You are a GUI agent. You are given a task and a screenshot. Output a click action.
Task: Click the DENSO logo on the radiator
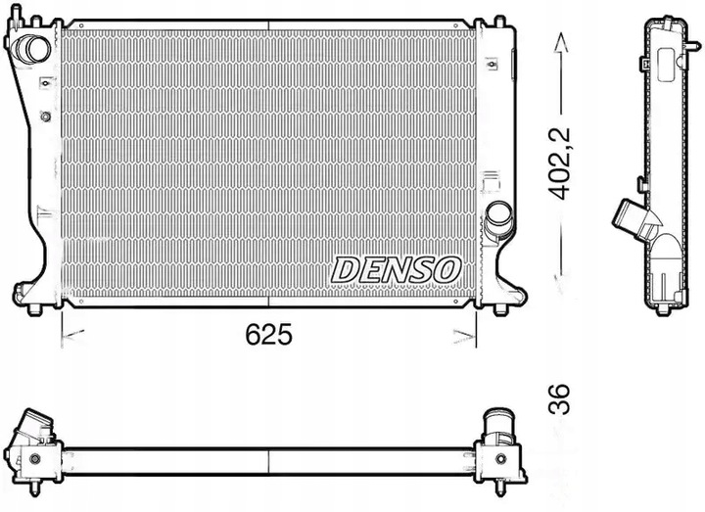coord(396,267)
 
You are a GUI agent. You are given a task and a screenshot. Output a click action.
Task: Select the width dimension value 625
coord(267,336)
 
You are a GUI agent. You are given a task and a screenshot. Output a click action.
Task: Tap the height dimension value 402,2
coord(560,163)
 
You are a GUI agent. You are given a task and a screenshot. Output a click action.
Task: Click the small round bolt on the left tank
coord(45,117)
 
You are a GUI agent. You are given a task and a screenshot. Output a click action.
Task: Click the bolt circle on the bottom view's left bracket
coord(36,458)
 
